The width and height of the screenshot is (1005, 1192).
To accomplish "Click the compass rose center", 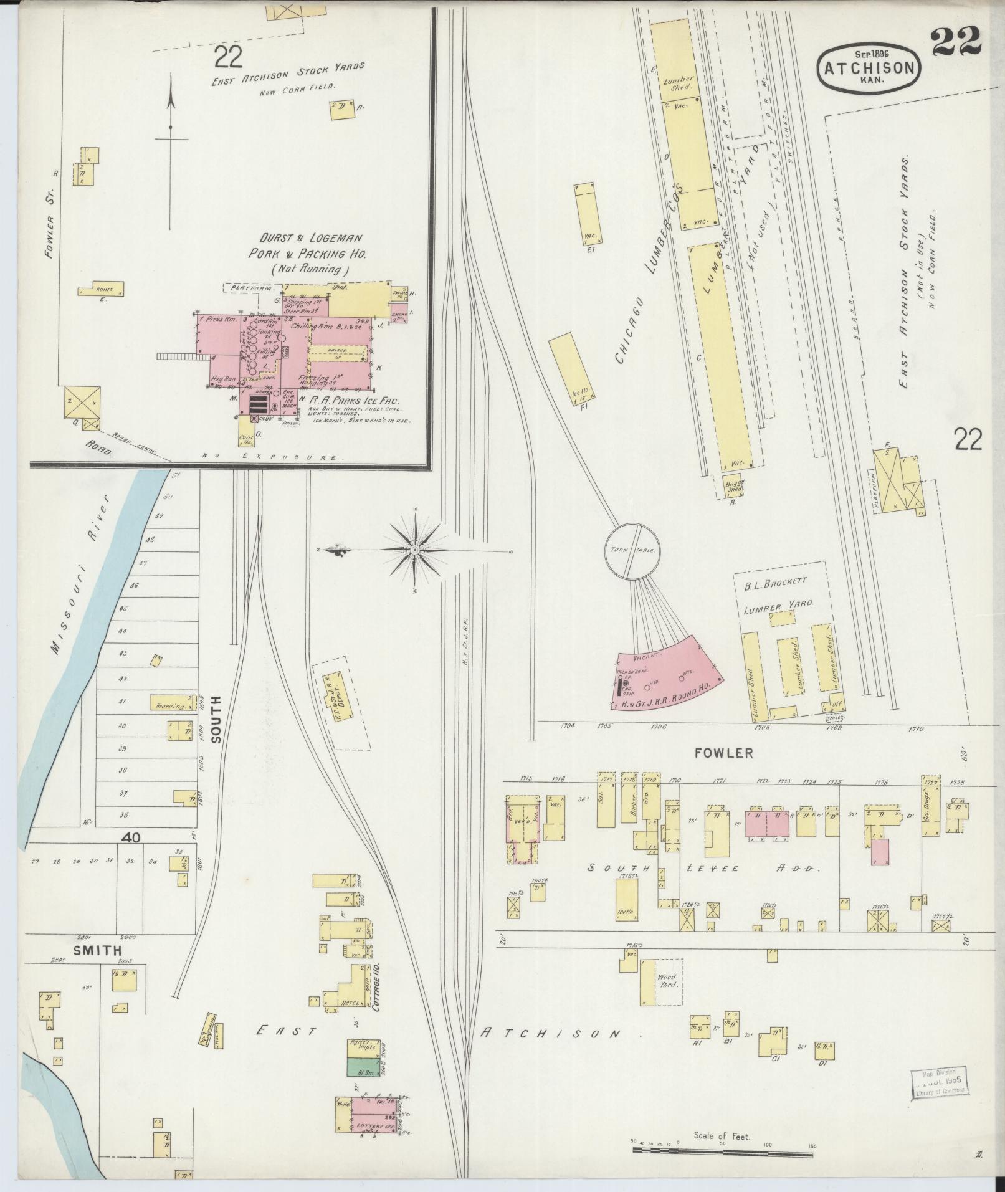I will (414, 550).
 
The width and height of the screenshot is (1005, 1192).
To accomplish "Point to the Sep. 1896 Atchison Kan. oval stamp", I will (869, 69).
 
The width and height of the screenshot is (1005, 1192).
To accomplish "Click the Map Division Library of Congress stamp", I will (938, 1084).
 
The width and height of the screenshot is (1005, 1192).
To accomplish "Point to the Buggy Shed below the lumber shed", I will (736, 485).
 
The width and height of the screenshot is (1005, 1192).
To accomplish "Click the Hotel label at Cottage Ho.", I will (348, 1003).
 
